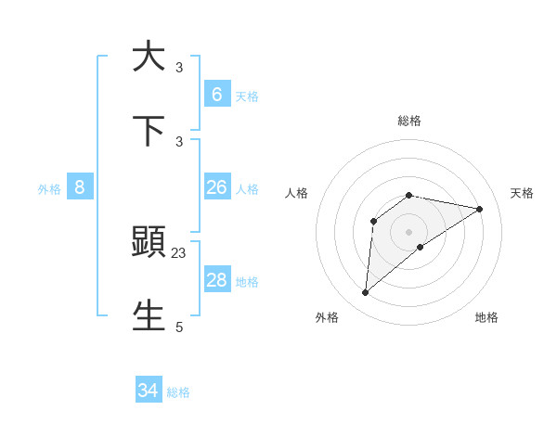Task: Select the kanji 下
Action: (x=149, y=130)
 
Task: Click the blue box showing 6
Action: (x=216, y=94)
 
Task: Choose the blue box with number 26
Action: (x=216, y=187)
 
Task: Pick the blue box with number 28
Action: (x=216, y=280)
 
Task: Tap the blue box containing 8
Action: (x=80, y=187)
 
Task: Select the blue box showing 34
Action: (x=149, y=391)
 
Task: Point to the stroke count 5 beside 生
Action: (x=179, y=327)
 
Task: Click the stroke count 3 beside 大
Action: (x=179, y=67)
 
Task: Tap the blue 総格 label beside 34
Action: (x=178, y=392)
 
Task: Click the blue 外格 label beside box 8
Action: (x=49, y=189)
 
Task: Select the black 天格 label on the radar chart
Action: (x=522, y=193)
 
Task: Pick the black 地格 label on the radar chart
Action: (x=486, y=317)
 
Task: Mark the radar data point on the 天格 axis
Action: (x=480, y=209)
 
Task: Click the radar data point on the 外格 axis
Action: (x=365, y=293)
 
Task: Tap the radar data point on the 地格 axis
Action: (x=421, y=247)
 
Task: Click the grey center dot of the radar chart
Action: (x=409, y=231)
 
